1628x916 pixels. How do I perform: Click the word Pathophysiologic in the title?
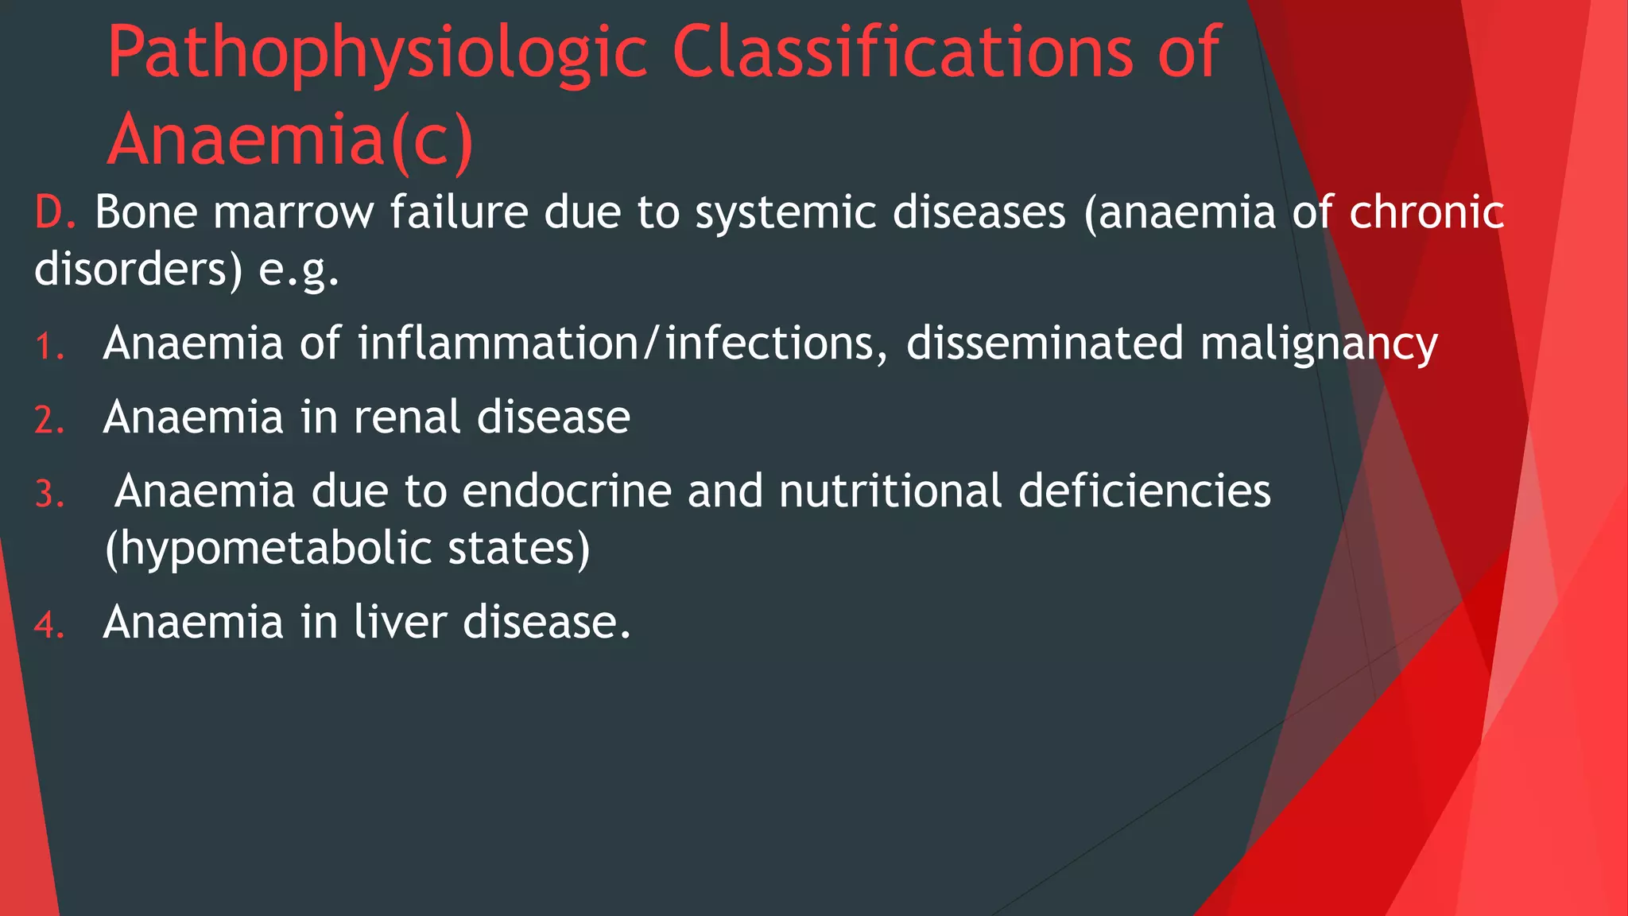pyautogui.click(x=378, y=54)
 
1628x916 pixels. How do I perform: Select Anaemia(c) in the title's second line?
pyautogui.click(x=291, y=141)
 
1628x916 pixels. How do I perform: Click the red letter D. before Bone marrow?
pyautogui.click(x=54, y=213)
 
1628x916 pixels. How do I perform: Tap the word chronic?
pyautogui.click(x=1427, y=213)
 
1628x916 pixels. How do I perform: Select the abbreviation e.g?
pyautogui.click(x=299, y=270)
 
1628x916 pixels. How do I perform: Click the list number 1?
pyautogui.click(x=49, y=347)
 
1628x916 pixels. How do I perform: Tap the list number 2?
pyautogui.click(x=49, y=421)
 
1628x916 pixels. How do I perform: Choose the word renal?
pyautogui.click(x=406, y=417)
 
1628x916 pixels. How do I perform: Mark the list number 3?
pyautogui.click(x=49, y=495)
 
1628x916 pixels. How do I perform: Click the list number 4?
pyautogui.click(x=49, y=625)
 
